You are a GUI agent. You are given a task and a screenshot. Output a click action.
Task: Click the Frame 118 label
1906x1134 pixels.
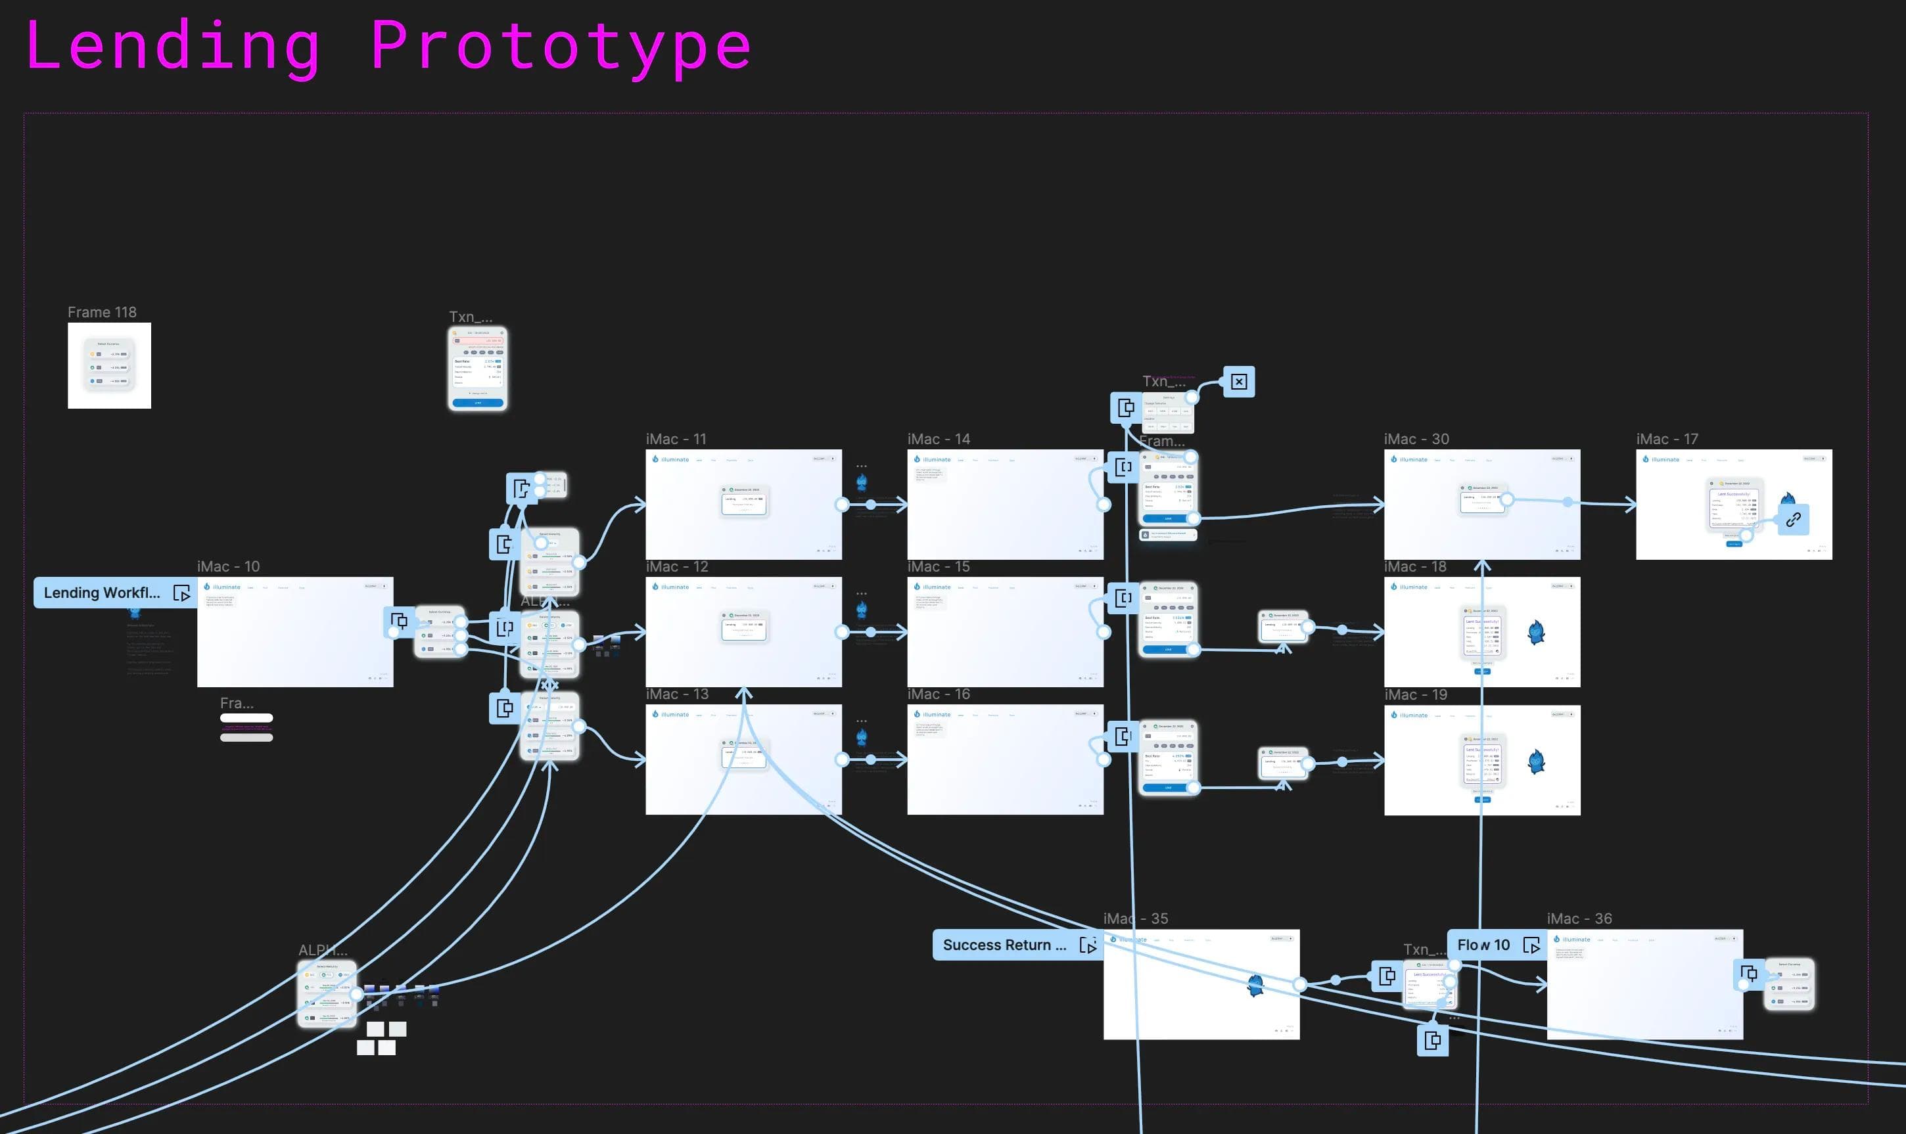[x=102, y=312]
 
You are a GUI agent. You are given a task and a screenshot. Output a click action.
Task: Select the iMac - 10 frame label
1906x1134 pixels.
[x=228, y=566]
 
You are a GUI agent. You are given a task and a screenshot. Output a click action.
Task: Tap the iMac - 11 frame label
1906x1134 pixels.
[x=676, y=439]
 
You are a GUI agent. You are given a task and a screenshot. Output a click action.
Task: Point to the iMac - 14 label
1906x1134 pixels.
[x=938, y=439]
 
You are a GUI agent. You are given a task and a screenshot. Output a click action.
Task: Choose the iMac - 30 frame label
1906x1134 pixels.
[x=1415, y=439]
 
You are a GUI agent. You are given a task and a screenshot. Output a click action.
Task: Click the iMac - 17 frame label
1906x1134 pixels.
[x=1666, y=439]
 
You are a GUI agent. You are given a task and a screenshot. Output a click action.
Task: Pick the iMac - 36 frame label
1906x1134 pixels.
[x=1579, y=919]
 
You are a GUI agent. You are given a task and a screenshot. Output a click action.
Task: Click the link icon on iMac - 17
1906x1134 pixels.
[x=1793, y=520]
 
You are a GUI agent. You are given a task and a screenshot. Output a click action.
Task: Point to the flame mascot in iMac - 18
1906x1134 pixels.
[x=1536, y=632]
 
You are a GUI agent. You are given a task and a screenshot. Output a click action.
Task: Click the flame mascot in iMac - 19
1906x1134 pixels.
[x=1536, y=761]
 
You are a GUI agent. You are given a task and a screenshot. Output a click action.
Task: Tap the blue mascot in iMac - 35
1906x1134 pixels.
[x=1255, y=985]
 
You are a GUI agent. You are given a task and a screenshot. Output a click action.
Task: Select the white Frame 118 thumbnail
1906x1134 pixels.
[x=109, y=365]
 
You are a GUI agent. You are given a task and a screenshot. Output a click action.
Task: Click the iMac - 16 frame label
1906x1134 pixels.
[x=938, y=694]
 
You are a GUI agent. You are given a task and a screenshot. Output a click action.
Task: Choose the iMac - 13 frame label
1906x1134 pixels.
[x=676, y=694]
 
